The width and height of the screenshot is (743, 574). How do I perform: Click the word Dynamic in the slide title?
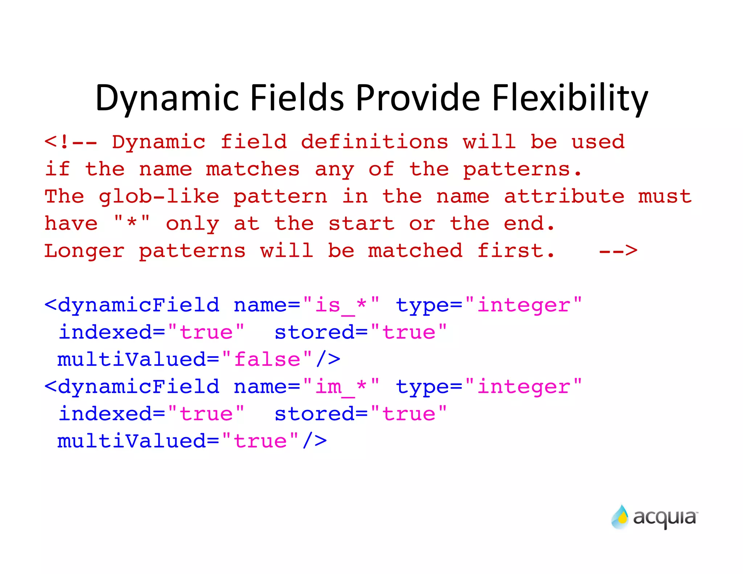tap(167, 98)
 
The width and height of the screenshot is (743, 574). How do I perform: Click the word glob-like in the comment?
tap(159, 196)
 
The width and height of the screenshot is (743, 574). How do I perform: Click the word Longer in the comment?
tap(84, 251)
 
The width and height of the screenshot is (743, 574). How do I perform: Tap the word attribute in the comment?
tap(564, 196)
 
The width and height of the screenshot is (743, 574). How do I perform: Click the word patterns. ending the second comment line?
tap(522, 169)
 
